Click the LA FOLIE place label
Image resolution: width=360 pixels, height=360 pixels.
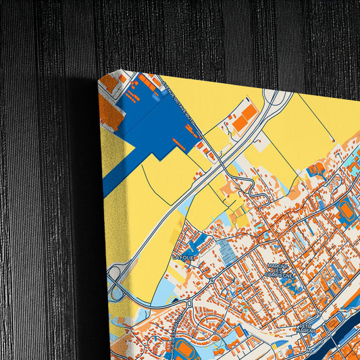(184, 257)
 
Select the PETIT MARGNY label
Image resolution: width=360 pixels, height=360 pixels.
(305, 331)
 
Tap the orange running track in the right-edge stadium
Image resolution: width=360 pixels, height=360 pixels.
(346, 211)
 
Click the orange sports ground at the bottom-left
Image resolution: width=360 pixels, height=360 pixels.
(182, 350)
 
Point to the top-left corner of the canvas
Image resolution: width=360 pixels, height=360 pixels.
(99, 76)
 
